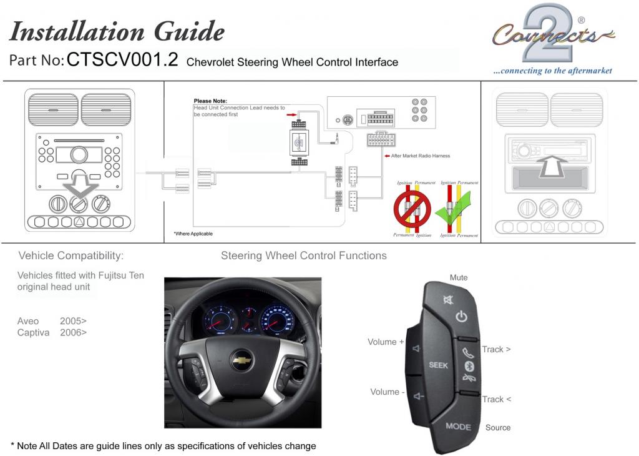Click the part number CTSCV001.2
(122, 60)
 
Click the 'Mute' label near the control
(459, 277)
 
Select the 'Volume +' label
(386, 342)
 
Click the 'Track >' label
(496, 349)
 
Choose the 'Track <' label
(496, 399)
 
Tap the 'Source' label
(498, 428)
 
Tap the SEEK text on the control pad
(438, 365)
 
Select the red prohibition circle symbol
(411, 209)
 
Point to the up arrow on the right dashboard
(552, 165)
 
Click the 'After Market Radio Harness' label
(420, 156)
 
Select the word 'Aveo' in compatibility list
(28, 321)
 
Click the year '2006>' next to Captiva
(73, 332)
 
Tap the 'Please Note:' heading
(210, 101)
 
